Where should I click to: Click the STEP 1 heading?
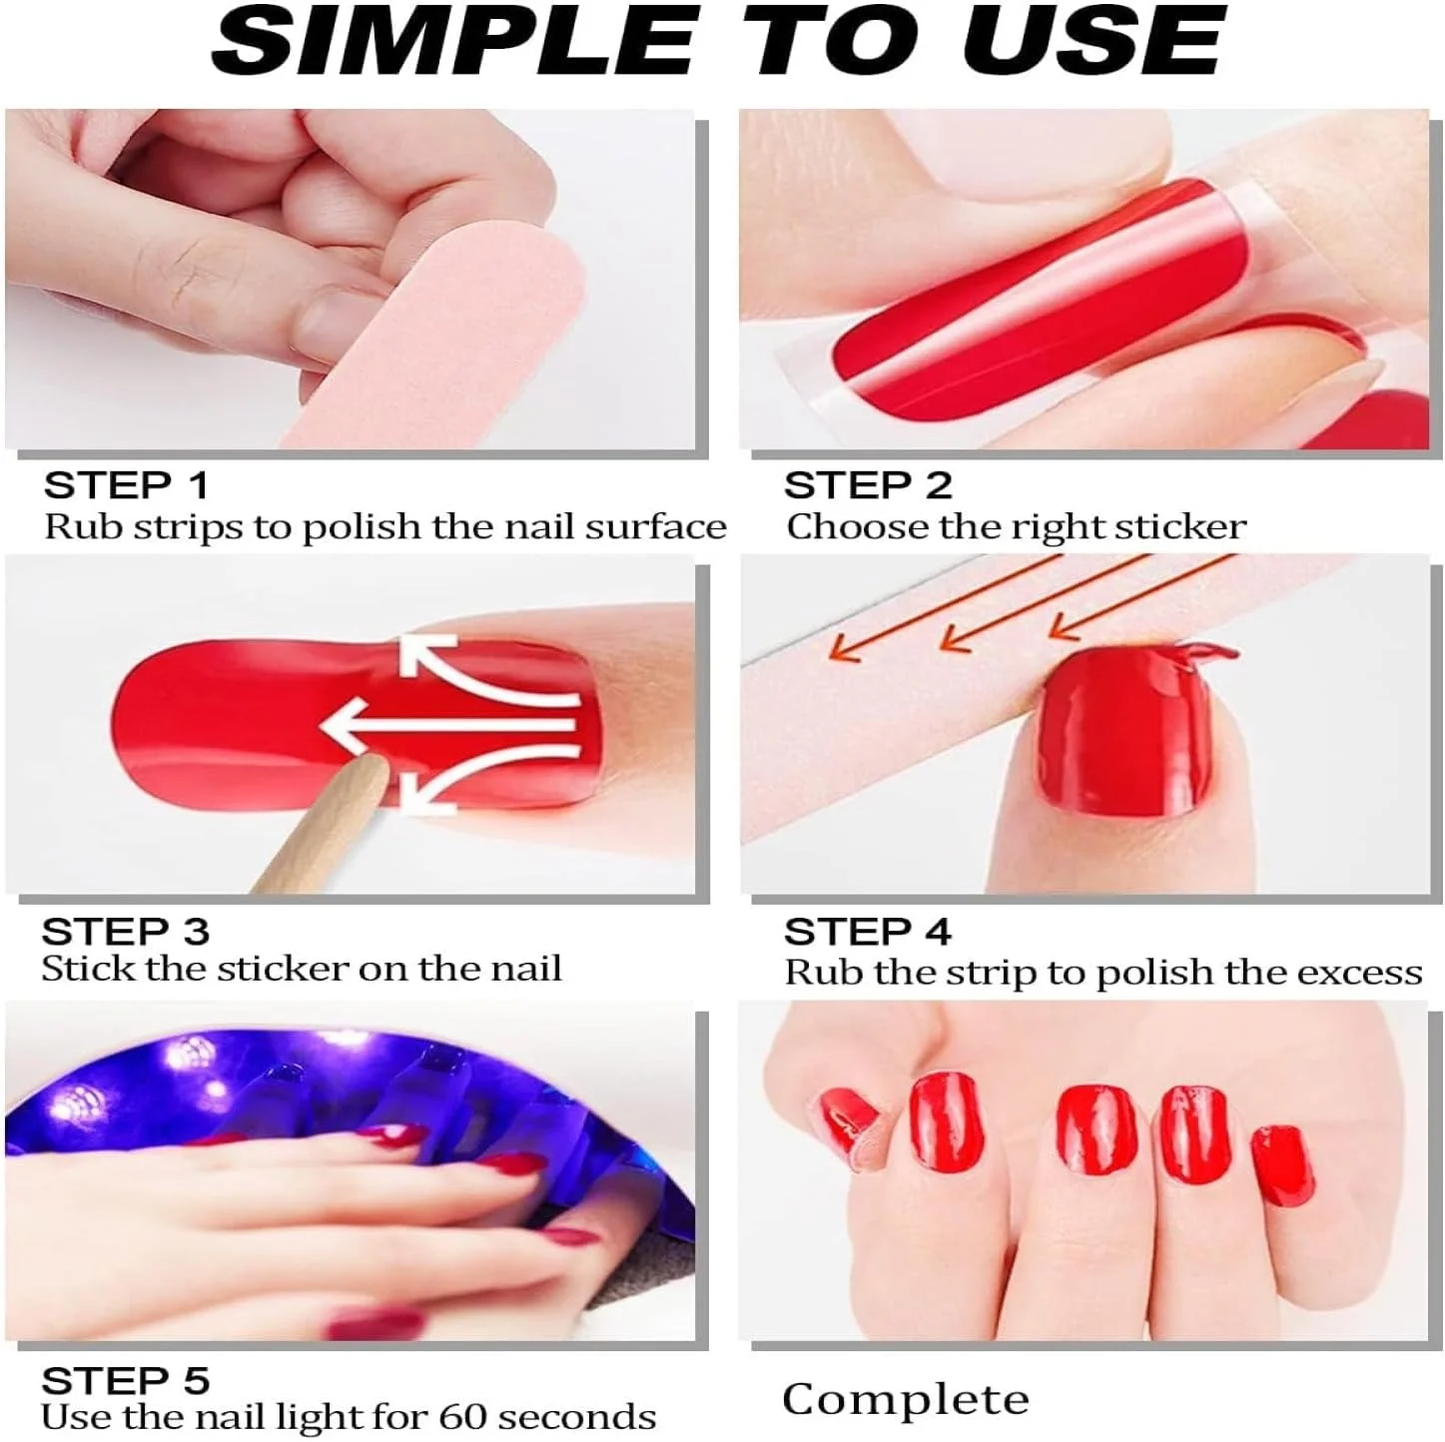(x=125, y=485)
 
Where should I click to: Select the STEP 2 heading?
(x=868, y=485)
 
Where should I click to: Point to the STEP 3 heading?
(x=125, y=932)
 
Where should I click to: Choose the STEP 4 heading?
(x=868, y=932)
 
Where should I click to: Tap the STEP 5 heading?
(x=125, y=1380)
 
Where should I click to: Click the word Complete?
(x=906, y=1399)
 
